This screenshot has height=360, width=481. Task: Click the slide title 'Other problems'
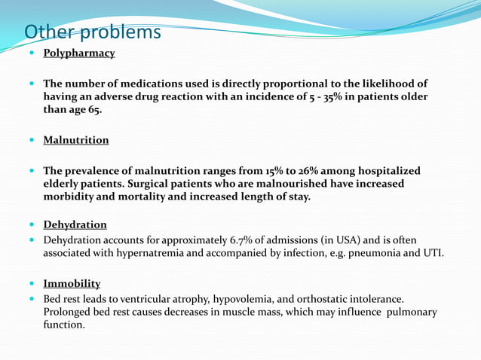click(x=93, y=33)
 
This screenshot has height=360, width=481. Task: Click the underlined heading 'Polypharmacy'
click(x=78, y=53)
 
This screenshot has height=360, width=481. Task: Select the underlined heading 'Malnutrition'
click(x=75, y=140)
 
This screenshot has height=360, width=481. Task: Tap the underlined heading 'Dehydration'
click(x=75, y=224)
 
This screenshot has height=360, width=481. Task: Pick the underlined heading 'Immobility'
click(x=72, y=284)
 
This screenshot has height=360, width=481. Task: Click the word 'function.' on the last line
click(x=64, y=325)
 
